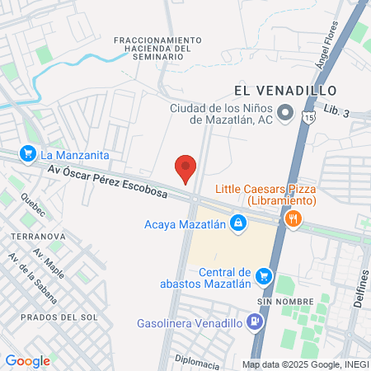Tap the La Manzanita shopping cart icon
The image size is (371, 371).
coord(29,153)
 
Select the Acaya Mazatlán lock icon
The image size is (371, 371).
coord(238,223)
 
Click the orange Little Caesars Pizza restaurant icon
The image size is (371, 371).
coord(292,219)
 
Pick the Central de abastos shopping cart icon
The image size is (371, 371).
coord(264,276)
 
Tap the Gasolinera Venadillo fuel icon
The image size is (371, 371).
coord(256,323)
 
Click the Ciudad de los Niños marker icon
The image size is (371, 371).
coord(285,112)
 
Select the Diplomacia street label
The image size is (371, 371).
coord(198,362)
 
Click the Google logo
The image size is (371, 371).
coord(28,360)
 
